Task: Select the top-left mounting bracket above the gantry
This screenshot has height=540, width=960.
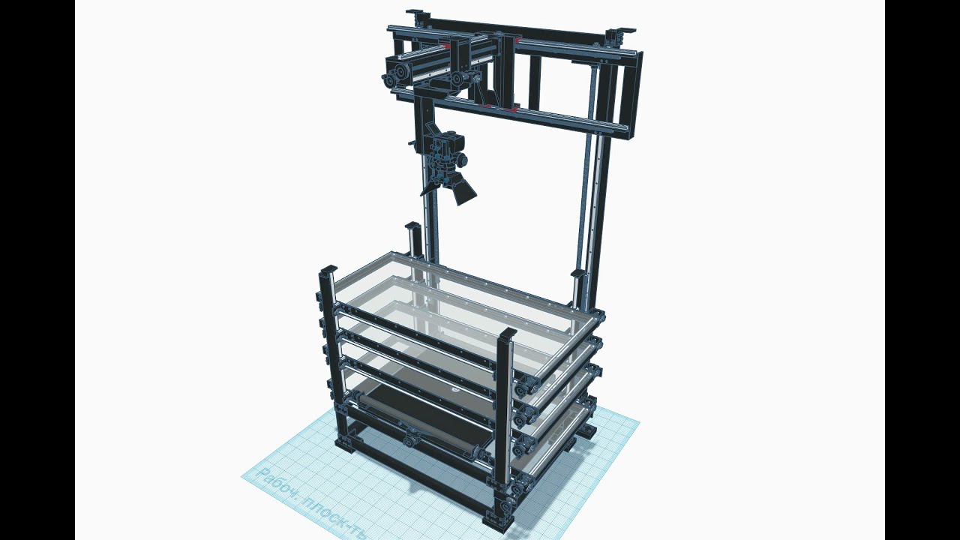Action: [417, 15]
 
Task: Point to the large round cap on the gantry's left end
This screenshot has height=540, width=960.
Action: [397, 72]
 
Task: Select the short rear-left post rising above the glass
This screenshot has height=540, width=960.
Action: [412, 240]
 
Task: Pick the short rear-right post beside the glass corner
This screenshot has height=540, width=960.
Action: [577, 285]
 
